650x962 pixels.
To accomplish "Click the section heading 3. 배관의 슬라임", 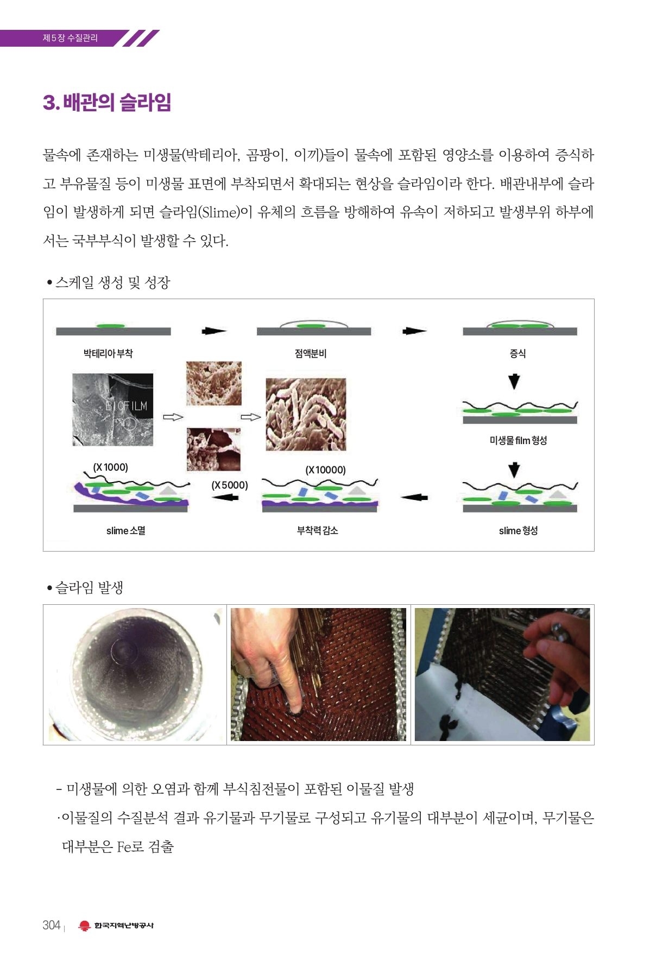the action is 107,102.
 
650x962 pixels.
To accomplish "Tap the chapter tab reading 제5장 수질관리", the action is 71,38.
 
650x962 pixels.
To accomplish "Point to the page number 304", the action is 51,925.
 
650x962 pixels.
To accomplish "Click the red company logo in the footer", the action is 84,926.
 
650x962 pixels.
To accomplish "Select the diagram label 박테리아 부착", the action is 108,353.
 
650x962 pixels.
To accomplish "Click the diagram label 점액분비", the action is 311,353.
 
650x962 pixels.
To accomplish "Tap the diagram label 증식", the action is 518,353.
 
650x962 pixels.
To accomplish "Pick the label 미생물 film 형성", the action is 518,440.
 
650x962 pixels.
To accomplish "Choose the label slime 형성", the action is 518,530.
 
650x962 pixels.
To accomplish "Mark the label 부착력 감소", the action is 317,530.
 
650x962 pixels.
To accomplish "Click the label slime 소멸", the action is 125,530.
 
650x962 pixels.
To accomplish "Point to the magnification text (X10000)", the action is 325,470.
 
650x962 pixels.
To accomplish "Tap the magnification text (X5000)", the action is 230,485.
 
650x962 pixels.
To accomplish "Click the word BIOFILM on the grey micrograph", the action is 126,406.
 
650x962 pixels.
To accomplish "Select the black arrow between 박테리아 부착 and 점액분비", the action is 214,331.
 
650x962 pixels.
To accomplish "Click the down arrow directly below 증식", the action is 514,382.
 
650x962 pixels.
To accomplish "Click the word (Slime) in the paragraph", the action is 220,212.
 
